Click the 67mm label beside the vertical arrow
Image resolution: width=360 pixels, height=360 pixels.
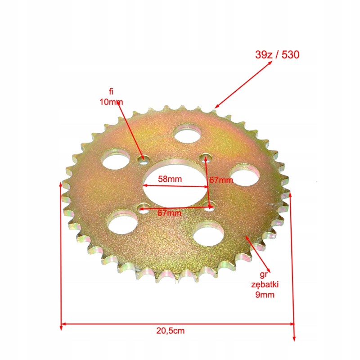tap(221, 180)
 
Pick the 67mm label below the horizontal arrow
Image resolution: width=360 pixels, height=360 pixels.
tap(169, 213)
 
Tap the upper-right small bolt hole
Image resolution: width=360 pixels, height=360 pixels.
tap(206, 157)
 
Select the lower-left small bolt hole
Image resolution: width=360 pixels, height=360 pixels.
tap(144, 207)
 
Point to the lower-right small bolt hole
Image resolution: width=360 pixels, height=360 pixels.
tap(209, 206)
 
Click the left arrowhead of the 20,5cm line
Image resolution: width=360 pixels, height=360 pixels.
tap(63, 324)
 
